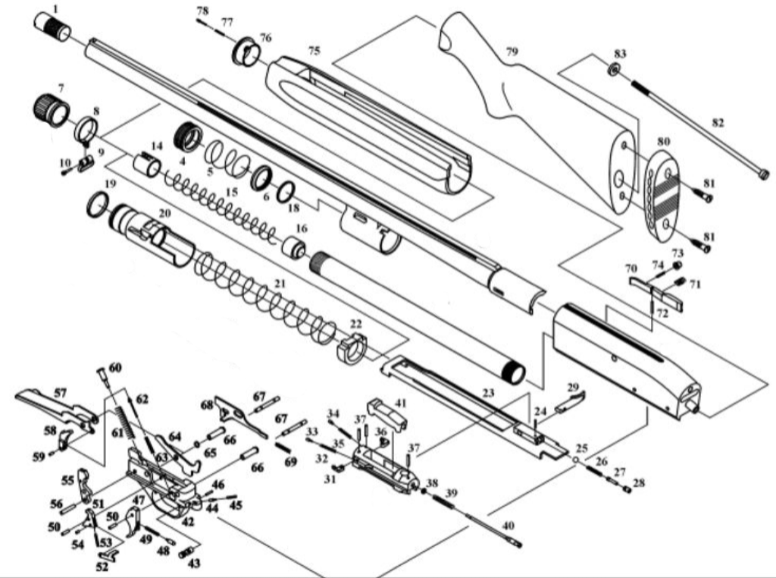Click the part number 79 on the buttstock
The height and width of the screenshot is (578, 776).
click(x=512, y=52)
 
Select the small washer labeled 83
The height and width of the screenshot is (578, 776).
click(x=615, y=70)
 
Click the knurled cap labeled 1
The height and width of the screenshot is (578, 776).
click(x=52, y=28)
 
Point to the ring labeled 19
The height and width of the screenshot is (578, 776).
click(x=98, y=205)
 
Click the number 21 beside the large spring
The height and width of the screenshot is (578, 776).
click(x=280, y=284)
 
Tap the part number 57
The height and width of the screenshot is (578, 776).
click(x=60, y=393)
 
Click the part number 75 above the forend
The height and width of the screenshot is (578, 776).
click(x=314, y=51)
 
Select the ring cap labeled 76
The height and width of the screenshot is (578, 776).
click(x=247, y=52)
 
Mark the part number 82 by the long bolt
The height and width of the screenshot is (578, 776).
click(x=717, y=123)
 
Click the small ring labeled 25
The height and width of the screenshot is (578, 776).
click(x=576, y=460)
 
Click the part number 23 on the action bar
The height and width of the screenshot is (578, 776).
click(x=488, y=394)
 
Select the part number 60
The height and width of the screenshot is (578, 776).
click(x=115, y=367)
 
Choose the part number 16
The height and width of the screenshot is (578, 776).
click(x=302, y=228)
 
